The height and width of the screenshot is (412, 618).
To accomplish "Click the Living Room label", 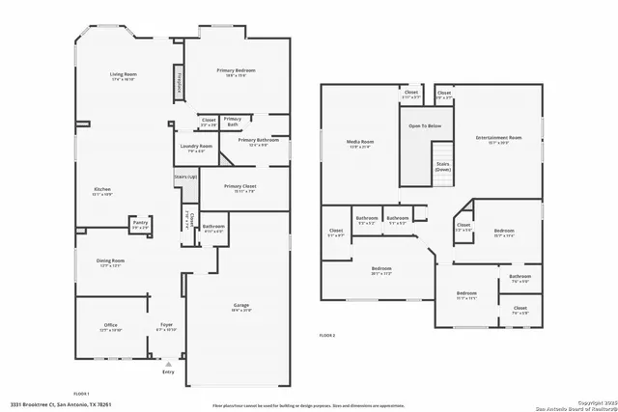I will coord(122,74).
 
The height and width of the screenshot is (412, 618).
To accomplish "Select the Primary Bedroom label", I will coord(237,70).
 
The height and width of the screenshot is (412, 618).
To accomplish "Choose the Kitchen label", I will coord(102,189).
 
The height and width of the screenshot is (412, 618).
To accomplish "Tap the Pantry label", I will coord(140,224).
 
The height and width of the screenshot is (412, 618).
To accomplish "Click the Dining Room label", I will coord(111,261).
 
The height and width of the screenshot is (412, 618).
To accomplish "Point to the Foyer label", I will coord(167,325).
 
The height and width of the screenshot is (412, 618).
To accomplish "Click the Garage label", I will coord(240,306).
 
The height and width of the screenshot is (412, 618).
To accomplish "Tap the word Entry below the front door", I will coord(169,371).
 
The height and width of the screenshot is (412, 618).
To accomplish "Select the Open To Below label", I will coord(425,125).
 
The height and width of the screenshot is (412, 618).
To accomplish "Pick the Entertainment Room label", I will coord(498,138).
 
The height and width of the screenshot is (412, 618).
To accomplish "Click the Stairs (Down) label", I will coord(442,166).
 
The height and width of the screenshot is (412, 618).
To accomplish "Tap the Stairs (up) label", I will coord(185,178).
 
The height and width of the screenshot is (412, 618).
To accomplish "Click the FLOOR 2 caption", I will coord(327,335).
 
